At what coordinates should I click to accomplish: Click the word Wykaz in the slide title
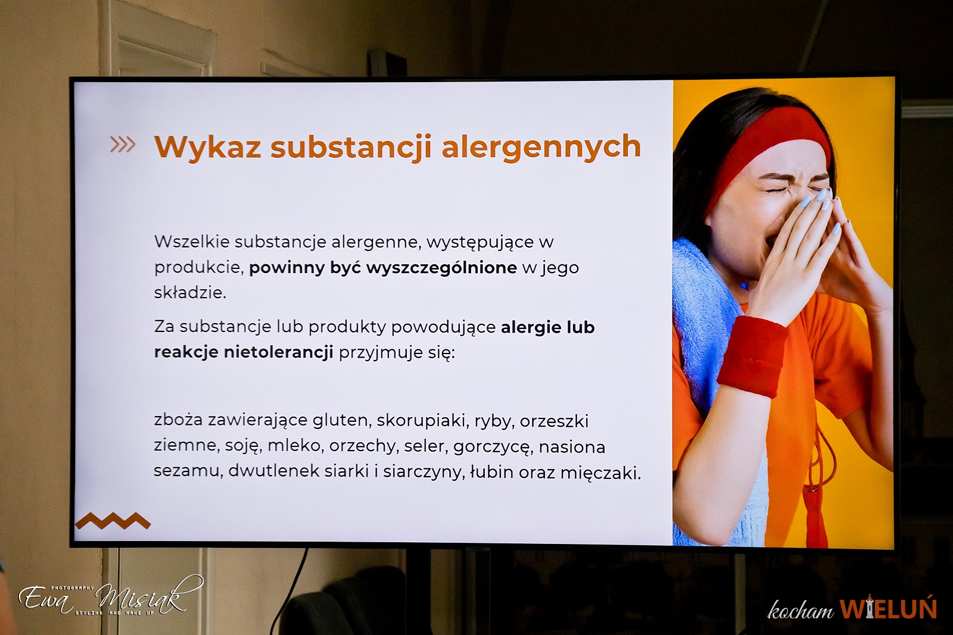click(x=208, y=146)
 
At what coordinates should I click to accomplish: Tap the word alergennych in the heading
click(x=541, y=146)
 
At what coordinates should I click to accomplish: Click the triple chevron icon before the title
click(x=123, y=145)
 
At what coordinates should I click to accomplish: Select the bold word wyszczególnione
click(x=441, y=268)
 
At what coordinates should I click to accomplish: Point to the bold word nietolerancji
click(x=279, y=352)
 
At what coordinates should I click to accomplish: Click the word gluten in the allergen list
click(x=340, y=420)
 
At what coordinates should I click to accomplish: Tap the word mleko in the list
click(x=294, y=446)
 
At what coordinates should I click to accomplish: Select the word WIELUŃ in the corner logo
click(x=888, y=608)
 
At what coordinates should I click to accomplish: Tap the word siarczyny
click(x=423, y=473)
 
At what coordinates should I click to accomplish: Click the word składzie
click(x=190, y=292)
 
